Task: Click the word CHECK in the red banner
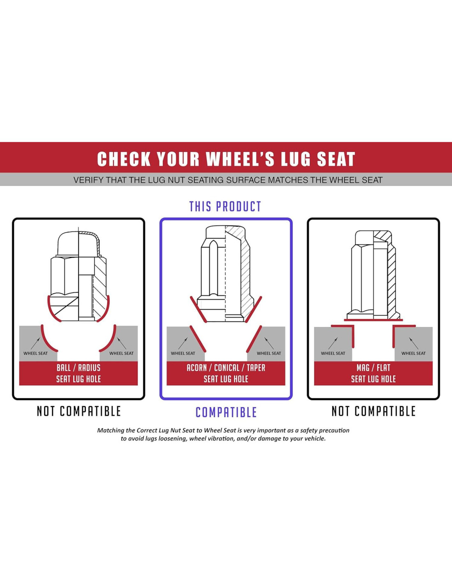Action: click(x=124, y=159)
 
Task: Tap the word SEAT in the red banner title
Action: click(x=336, y=159)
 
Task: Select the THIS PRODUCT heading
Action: click(x=225, y=207)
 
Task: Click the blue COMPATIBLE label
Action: click(x=226, y=412)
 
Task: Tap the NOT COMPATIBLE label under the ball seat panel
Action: click(x=78, y=411)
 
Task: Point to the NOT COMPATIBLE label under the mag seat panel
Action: click(x=374, y=411)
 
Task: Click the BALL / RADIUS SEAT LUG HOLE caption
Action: click(x=78, y=373)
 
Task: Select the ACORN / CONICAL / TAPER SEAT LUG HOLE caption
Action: click(x=226, y=373)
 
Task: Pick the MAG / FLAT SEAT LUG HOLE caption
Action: click(x=373, y=373)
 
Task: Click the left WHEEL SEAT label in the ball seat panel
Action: click(x=35, y=353)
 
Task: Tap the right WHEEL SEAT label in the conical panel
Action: click(x=269, y=353)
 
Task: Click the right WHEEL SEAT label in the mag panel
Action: click(x=413, y=353)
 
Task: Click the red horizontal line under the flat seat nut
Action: click(x=373, y=320)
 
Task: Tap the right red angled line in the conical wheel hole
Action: click(x=254, y=339)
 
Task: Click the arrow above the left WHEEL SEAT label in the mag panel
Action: click(x=333, y=343)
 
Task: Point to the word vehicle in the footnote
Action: click(x=316, y=439)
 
